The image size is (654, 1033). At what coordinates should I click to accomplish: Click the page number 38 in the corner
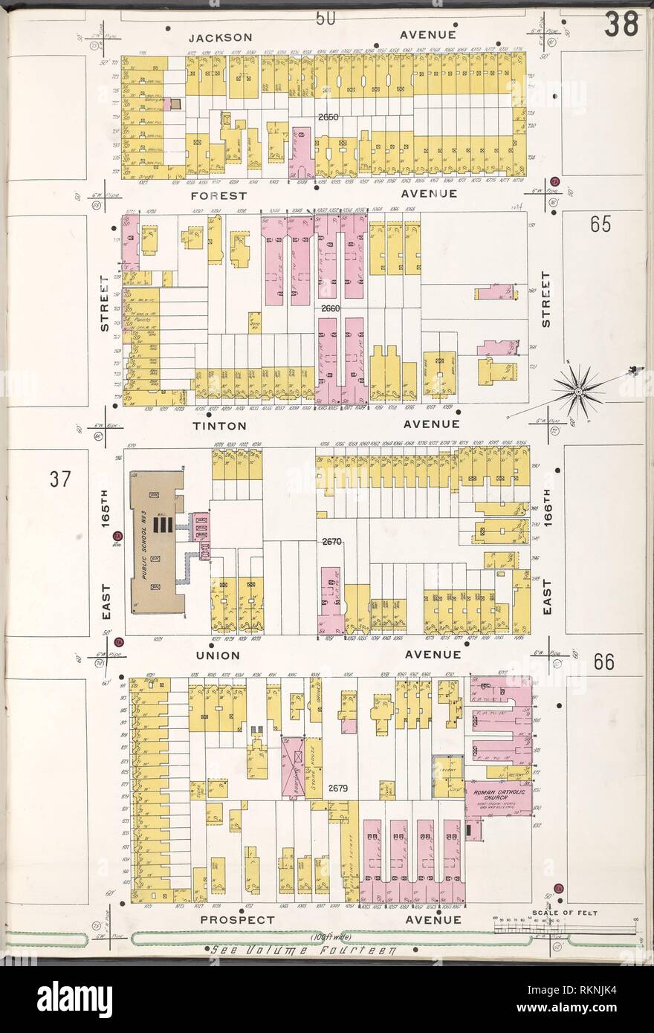pos(621,24)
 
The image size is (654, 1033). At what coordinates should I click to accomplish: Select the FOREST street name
pos(218,195)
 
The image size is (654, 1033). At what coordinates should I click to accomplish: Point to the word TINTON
pos(219,424)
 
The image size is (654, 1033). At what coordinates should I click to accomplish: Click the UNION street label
pos(217,655)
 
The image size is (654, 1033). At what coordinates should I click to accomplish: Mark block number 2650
pos(328,117)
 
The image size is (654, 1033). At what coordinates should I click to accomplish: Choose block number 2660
pos(332,307)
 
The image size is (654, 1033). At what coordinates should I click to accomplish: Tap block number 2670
pos(331,542)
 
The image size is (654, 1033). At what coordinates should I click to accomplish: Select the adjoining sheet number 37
pos(60,480)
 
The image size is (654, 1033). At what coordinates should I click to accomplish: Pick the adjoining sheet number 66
pos(604,662)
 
